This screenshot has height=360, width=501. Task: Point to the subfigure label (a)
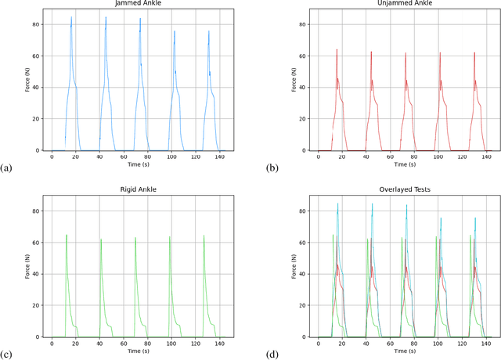click(7, 168)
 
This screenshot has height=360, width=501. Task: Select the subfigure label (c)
click(7, 355)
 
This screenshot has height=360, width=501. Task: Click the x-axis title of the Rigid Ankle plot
click(135, 351)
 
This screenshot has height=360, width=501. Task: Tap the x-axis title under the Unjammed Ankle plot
click(401, 165)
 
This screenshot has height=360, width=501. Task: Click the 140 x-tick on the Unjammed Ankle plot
click(486, 157)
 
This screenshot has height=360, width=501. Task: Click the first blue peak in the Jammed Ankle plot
click(71, 18)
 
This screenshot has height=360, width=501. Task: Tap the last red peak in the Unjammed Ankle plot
click(474, 53)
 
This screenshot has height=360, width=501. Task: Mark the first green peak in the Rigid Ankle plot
click(67, 236)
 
